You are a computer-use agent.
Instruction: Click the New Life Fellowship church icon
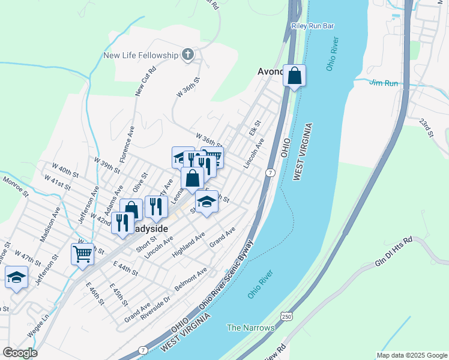click(x=188, y=55)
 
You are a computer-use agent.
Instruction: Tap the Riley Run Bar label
click(x=312, y=26)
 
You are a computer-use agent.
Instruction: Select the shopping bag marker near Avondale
click(x=294, y=76)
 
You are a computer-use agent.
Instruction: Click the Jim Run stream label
click(x=384, y=82)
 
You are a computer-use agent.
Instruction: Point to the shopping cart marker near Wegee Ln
click(x=82, y=254)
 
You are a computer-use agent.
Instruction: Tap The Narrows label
click(x=250, y=328)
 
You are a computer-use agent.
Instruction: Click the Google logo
click(x=20, y=352)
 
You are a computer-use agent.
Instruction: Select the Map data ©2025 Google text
click(x=411, y=355)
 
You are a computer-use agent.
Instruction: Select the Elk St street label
click(x=253, y=128)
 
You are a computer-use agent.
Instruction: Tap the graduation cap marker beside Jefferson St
click(x=16, y=278)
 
